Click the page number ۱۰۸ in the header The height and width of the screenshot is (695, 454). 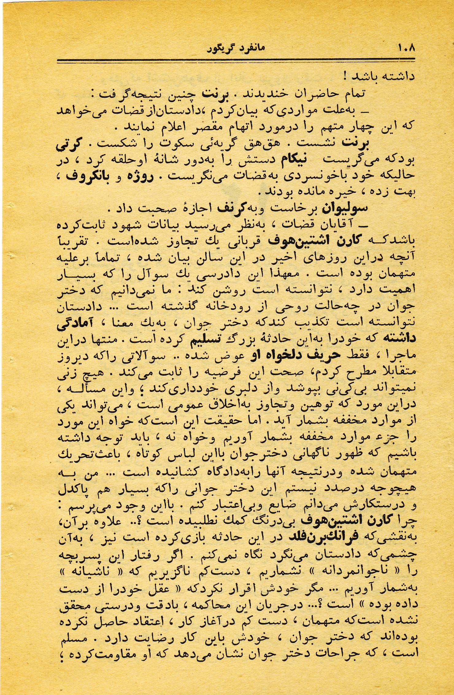[x=406, y=48]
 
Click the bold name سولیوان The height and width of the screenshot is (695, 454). [x=344, y=209]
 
